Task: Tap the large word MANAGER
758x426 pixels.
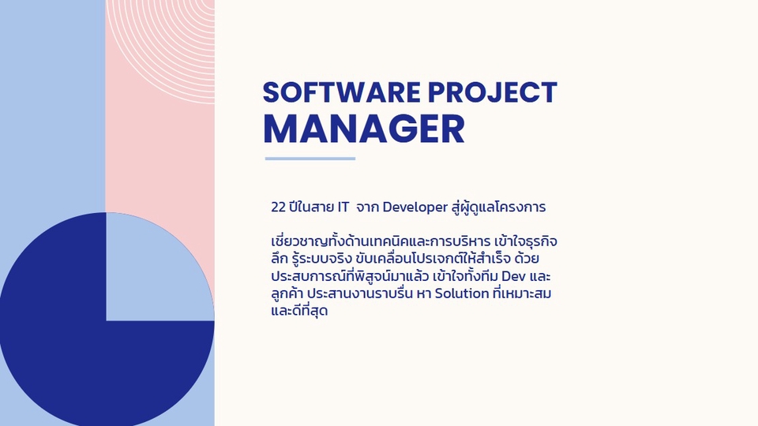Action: [363, 128]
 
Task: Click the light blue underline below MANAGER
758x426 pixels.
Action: [310, 159]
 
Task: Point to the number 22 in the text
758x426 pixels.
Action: [278, 207]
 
